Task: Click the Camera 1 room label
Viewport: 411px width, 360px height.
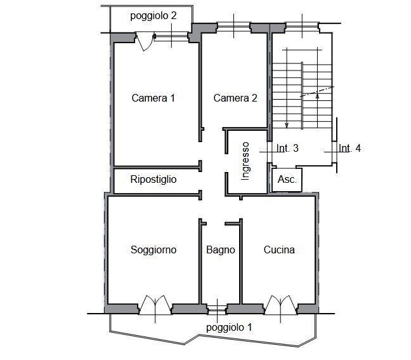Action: pyautogui.click(x=153, y=98)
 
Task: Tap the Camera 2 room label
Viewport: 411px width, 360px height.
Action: pyautogui.click(x=235, y=98)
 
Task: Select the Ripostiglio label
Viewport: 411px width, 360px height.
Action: pyautogui.click(x=153, y=180)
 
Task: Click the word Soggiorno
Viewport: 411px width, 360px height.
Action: pyautogui.click(x=153, y=250)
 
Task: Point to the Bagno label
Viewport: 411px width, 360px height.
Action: pyautogui.click(x=220, y=250)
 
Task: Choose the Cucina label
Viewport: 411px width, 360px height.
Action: pyautogui.click(x=279, y=250)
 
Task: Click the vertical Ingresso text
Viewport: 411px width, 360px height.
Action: pyautogui.click(x=246, y=161)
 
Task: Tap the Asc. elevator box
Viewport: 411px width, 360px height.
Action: pyautogui.click(x=287, y=179)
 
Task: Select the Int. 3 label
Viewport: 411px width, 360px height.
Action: pyautogui.click(x=287, y=149)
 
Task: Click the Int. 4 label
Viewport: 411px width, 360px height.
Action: pyautogui.click(x=349, y=149)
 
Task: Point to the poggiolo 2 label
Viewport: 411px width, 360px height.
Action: pyautogui.click(x=153, y=16)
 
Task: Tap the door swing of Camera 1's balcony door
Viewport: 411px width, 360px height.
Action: pyautogui.click(x=145, y=43)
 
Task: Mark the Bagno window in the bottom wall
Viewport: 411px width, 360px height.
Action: pyautogui.click(x=218, y=309)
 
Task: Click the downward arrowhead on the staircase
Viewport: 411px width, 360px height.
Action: pyautogui.click(x=287, y=124)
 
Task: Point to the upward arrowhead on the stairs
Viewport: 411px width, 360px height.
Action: pyautogui.click(x=317, y=97)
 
